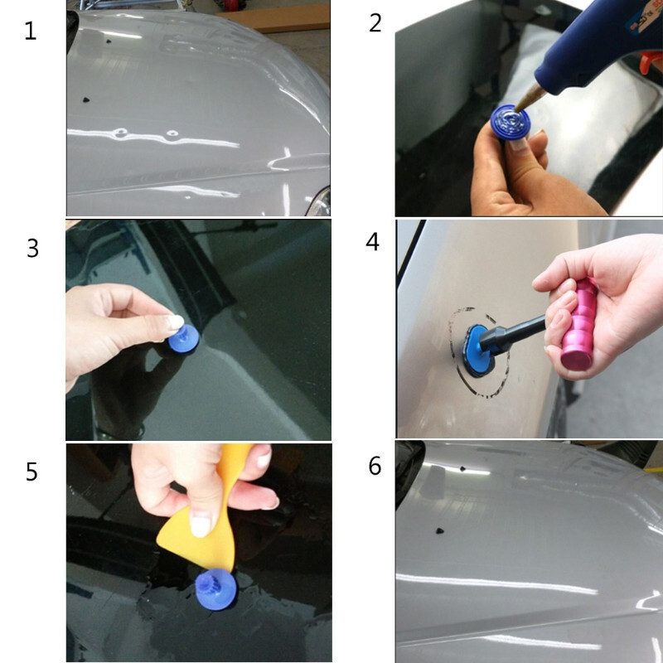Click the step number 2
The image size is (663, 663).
(375, 22)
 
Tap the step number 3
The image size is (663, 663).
(32, 248)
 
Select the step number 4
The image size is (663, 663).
(373, 242)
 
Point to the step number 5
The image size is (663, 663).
(31, 472)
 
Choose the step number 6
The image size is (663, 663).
(375, 466)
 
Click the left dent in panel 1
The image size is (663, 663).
(123, 133)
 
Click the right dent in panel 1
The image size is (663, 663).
(172, 133)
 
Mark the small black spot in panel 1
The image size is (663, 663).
(85, 99)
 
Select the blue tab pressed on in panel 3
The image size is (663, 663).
(183, 337)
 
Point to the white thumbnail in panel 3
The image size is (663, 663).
(175, 322)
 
